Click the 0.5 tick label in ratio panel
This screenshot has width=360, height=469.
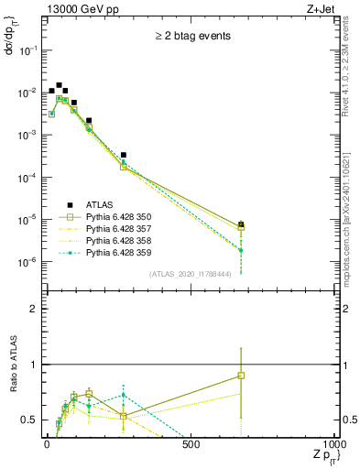pos(29,420)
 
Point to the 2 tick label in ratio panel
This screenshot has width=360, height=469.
pos(34,310)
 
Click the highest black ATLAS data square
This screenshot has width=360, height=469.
pos(60,85)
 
